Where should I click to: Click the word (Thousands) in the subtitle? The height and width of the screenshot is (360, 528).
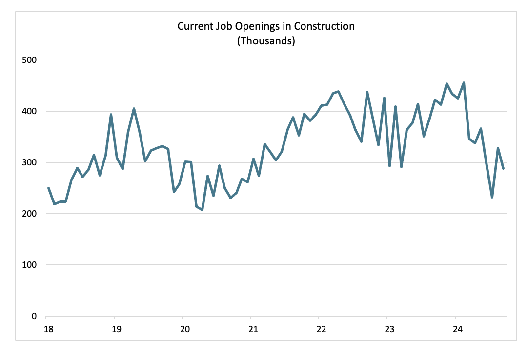tap(266, 41)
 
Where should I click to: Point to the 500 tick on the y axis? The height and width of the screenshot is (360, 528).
tap(31, 60)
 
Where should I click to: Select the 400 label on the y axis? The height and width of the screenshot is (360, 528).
tap(31, 111)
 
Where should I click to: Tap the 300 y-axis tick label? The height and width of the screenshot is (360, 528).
tap(31, 162)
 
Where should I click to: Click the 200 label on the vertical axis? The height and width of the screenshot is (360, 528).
tap(31, 214)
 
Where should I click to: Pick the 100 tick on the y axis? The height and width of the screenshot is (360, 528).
tap(31, 265)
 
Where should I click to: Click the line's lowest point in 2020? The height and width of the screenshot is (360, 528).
tap(202, 210)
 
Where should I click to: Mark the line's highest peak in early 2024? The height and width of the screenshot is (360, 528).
tap(463, 83)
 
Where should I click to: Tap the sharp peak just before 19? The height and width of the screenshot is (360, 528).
tap(111, 115)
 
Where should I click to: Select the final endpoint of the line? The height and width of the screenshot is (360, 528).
tap(503, 168)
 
